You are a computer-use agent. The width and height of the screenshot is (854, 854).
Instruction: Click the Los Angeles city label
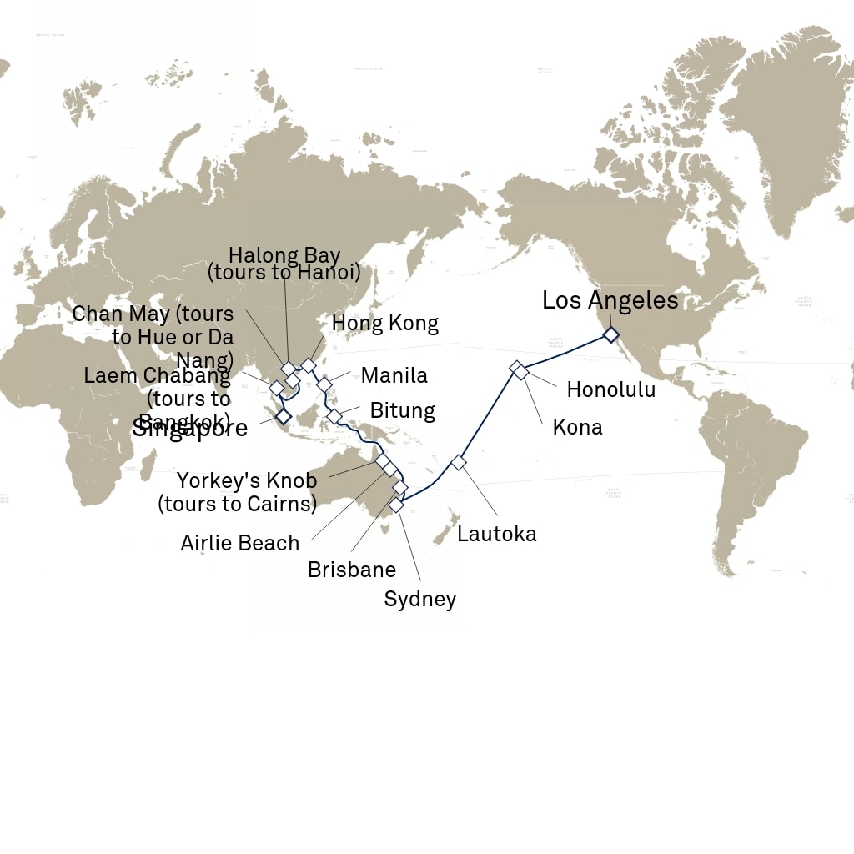tap(610, 300)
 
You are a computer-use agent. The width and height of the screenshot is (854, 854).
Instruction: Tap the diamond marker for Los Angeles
tap(611, 334)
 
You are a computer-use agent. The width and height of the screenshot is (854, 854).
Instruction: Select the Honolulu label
tap(610, 389)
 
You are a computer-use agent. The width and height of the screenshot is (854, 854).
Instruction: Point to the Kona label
tap(577, 428)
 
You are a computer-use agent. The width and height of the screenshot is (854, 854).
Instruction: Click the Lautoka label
tap(496, 534)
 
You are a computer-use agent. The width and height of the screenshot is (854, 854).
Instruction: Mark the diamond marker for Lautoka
tap(458, 461)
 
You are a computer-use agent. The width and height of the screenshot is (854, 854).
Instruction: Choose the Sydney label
tap(419, 599)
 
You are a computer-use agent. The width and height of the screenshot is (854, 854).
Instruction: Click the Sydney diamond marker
tap(396, 505)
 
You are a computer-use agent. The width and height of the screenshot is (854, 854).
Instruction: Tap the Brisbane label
tap(351, 570)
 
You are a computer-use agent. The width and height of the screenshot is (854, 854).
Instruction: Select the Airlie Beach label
tap(239, 543)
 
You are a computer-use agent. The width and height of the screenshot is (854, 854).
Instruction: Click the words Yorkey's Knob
tap(246, 481)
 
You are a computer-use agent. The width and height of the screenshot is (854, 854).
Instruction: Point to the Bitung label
tap(402, 411)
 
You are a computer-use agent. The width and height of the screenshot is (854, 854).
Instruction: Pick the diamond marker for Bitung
tap(334, 415)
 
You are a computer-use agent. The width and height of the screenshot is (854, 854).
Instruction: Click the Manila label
tap(394, 375)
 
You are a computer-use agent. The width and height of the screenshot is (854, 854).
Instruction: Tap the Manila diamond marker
tap(324, 384)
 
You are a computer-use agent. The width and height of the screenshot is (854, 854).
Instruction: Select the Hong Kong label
tap(384, 324)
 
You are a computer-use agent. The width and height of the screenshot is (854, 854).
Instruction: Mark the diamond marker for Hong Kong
tap(309, 365)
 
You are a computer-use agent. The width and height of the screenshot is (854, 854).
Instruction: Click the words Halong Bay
tap(284, 255)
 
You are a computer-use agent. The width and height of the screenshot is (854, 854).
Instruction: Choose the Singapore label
tap(190, 429)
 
